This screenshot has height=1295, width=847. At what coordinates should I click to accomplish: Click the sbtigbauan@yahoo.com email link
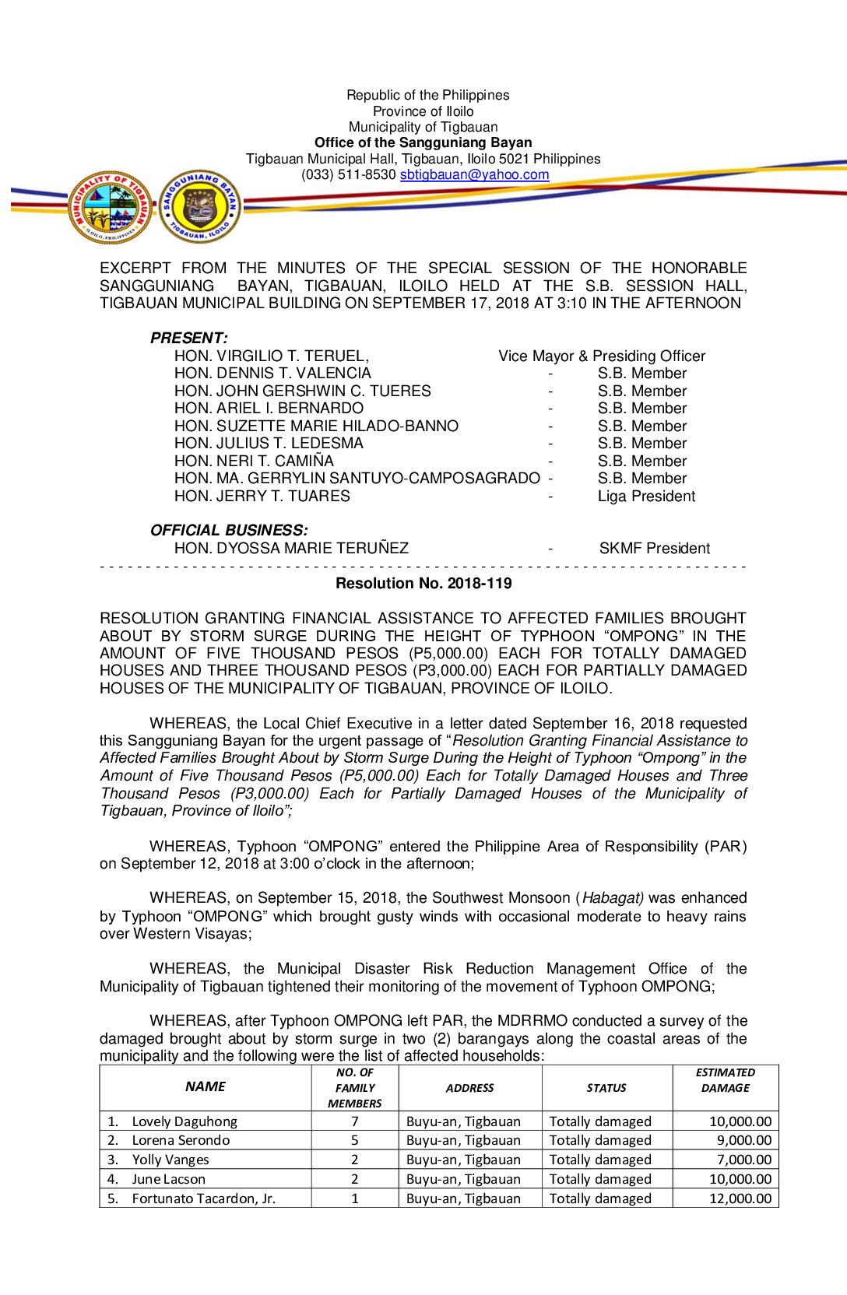point(474,175)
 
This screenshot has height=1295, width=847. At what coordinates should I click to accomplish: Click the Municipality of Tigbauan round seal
point(109,207)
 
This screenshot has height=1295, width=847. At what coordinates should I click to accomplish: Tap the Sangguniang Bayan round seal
point(200,207)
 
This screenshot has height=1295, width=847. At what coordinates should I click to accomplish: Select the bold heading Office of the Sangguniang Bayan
point(423,142)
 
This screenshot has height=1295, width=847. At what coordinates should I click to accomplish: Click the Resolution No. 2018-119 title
point(423,584)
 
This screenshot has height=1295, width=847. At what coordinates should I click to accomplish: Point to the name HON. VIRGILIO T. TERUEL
point(271,356)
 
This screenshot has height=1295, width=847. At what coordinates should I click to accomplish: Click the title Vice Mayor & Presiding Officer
point(602,356)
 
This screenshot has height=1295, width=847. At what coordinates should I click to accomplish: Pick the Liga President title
point(646,497)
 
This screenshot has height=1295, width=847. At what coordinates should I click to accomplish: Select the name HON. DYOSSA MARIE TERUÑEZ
point(291,549)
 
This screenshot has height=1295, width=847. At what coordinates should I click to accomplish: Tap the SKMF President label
point(654,549)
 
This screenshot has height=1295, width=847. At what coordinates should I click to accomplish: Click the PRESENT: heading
point(188,339)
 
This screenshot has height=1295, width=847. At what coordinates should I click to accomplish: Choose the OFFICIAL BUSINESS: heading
point(229,531)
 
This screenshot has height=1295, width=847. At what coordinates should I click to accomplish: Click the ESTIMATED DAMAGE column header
point(725,1080)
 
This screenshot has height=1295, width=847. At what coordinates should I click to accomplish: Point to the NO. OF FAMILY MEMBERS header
point(355,1088)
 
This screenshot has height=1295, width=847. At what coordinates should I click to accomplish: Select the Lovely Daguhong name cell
point(185,1121)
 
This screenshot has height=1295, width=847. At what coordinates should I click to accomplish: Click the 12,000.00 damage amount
point(740,1198)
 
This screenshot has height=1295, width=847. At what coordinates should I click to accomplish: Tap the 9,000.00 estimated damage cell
point(743,1140)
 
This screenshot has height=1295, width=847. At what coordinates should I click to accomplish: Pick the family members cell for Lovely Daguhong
point(355,1121)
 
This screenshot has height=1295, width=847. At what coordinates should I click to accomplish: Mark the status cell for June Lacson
point(600,1179)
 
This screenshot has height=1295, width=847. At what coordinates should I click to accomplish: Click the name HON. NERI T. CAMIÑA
point(254,461)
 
